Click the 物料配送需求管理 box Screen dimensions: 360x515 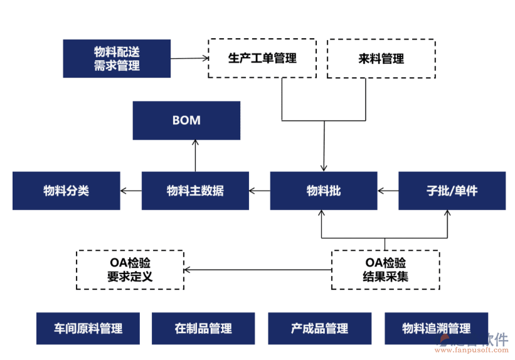117,58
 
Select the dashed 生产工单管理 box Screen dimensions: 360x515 262,58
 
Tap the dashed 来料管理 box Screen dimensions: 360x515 381,59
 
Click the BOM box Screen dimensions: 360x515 186,120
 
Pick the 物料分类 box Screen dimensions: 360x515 66,191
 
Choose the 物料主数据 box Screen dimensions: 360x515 195,191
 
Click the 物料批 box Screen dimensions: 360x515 324,191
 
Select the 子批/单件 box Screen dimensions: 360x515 452,191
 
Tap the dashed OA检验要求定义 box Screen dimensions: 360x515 130,270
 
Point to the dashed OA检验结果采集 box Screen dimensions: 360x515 385,270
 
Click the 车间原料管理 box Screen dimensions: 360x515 88,328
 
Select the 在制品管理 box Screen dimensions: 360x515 203,328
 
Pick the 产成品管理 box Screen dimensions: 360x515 320,328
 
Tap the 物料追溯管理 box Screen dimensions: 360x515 437,328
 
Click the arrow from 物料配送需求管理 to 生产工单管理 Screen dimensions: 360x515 189,58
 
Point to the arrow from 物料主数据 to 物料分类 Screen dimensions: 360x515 131,191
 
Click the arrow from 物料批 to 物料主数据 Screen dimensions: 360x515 259,191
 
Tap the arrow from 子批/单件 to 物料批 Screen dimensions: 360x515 388,191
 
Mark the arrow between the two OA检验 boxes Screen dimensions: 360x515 257,270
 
